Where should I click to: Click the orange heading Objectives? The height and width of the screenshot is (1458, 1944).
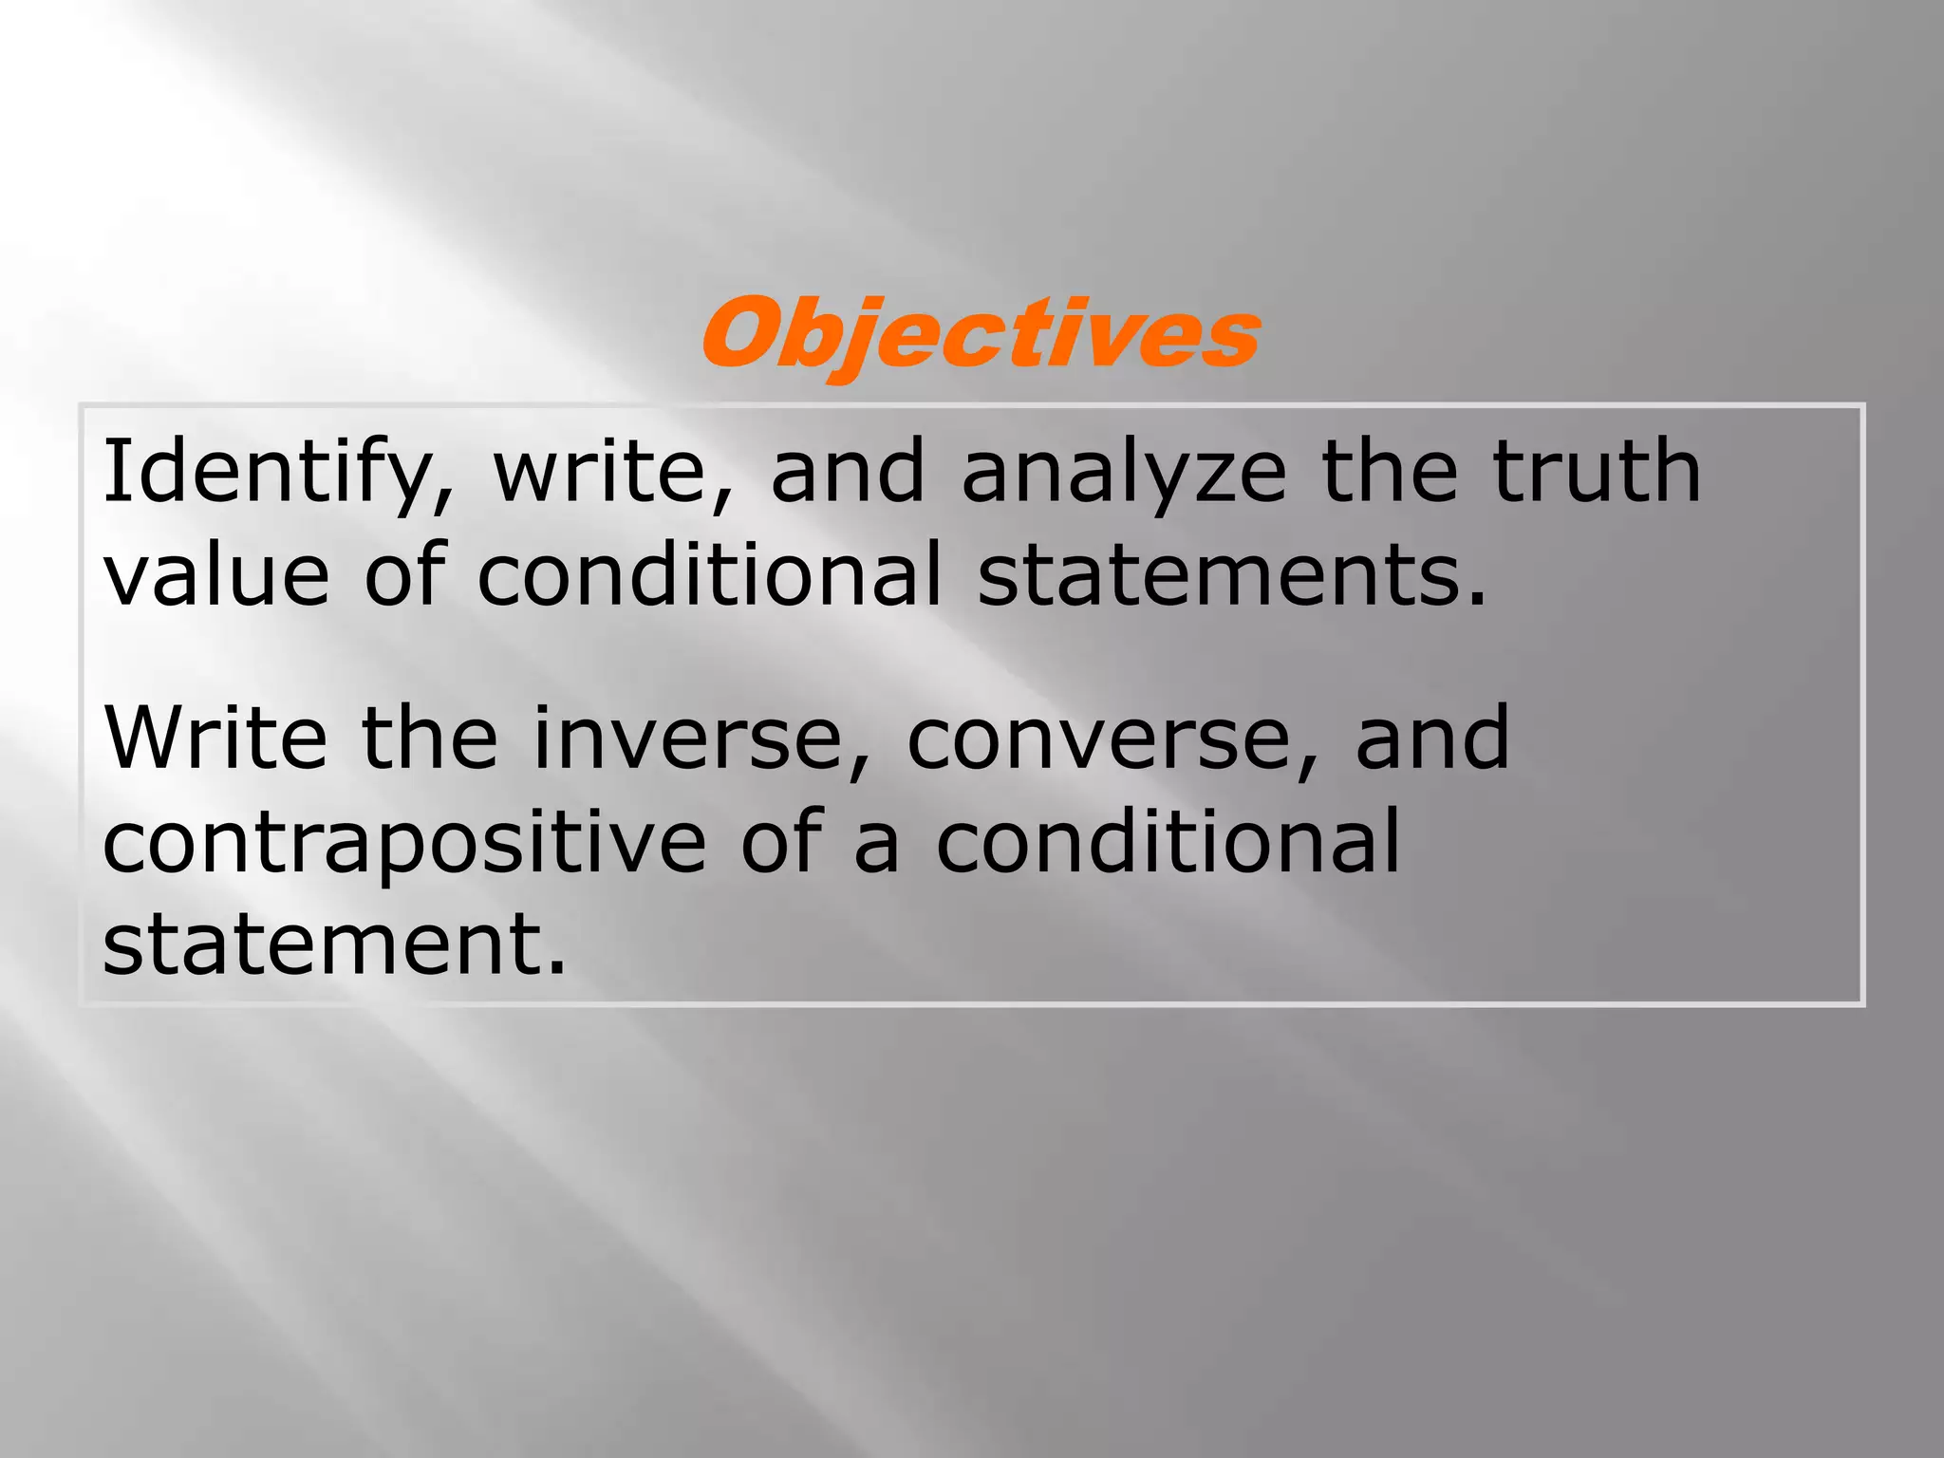click(x=981, y=334)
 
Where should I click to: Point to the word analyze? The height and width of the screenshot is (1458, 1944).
click(x=1124, y=472)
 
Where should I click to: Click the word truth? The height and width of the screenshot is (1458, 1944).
click(x=1597, y=472)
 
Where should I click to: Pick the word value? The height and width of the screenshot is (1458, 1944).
click(x=216, y=575)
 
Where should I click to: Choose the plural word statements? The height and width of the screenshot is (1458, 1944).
click(x=1231, y=575)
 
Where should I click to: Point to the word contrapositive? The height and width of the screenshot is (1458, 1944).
click(x=404, y=843)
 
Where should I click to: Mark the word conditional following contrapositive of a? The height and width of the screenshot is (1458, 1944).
click(x=1168, y=841)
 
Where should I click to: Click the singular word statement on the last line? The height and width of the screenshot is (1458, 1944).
click(x=333, y=944)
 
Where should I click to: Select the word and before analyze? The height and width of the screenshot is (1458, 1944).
click(x=848, y=472)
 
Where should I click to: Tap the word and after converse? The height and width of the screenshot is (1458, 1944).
click(x=1432, y=738)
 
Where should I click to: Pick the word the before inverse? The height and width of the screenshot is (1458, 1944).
click(x=429, y=738)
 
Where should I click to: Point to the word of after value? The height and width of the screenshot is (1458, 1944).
click(x=404, y=575)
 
